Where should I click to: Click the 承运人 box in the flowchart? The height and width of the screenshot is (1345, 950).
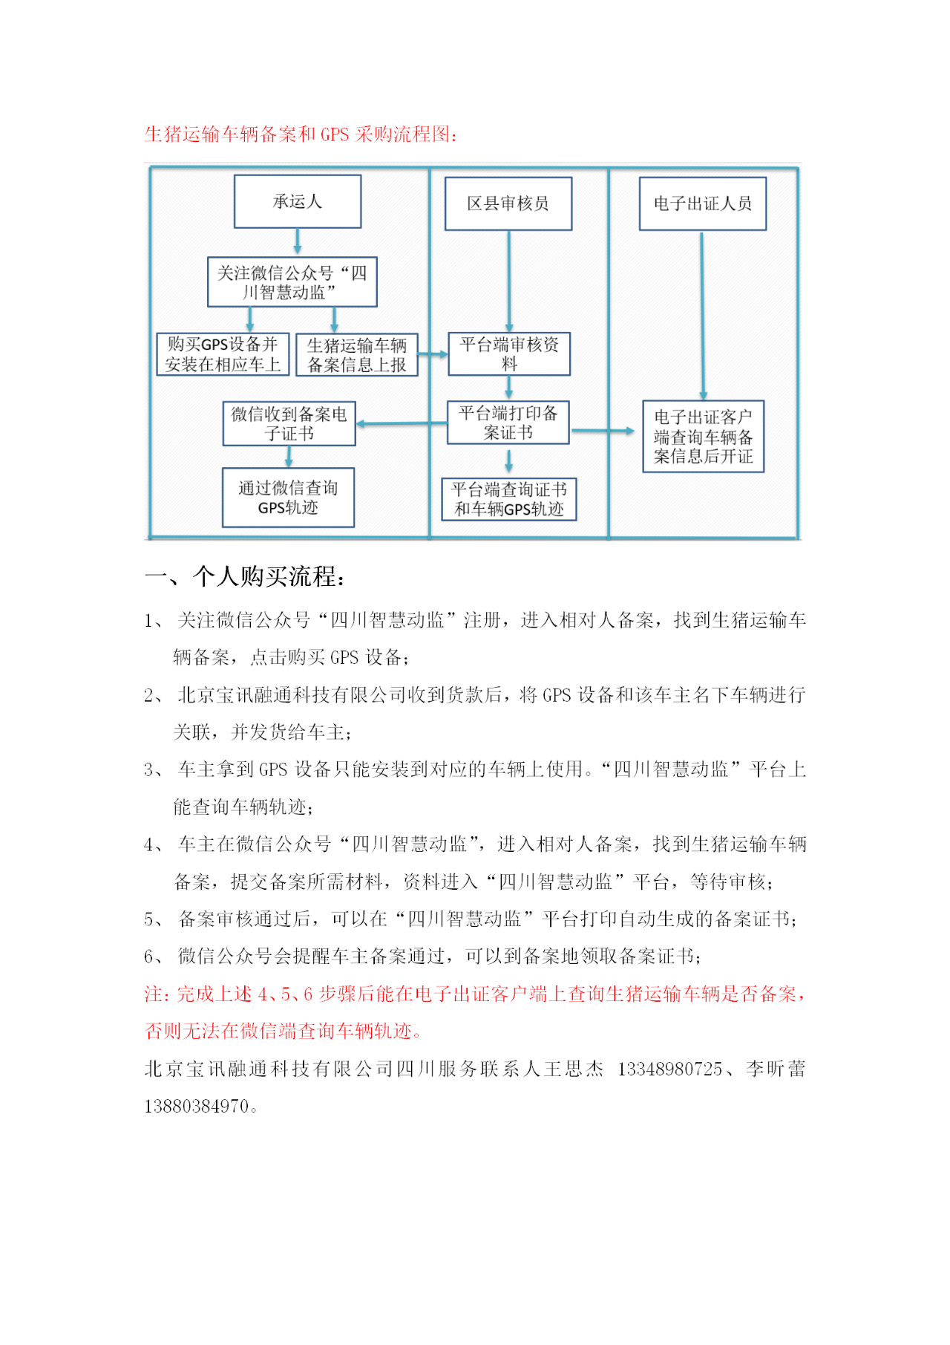point(298,201)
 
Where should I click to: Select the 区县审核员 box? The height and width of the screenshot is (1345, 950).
point(508,203)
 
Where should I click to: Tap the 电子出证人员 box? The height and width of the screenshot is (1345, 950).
point(702,203)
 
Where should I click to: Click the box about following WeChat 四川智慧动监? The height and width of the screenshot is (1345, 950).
point(292,282)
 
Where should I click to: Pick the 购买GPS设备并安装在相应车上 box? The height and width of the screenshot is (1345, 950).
point(223,354)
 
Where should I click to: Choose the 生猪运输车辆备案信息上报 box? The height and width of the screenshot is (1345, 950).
point(357,355)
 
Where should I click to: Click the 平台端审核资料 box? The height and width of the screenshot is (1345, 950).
point(509,354)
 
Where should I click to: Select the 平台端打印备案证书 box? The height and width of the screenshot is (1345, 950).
point(508,423)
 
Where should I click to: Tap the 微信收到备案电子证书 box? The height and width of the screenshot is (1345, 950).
point(289,423)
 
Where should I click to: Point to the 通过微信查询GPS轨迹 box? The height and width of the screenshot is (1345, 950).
point(288,498)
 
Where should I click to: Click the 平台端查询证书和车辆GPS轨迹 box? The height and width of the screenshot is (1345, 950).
point(509,499)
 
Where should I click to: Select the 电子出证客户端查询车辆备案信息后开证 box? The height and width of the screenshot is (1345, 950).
point(703,437)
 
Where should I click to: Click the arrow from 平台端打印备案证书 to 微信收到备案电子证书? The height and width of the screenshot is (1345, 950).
point(402,423)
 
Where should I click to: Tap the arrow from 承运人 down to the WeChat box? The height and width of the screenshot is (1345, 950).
point(298,242)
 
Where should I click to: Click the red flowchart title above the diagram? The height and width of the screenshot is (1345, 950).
point(301,134)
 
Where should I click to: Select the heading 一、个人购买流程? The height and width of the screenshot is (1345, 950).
point(245,576)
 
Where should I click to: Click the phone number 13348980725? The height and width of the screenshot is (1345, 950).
point(669,1069)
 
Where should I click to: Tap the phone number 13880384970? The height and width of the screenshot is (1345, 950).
point(197,1106)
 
